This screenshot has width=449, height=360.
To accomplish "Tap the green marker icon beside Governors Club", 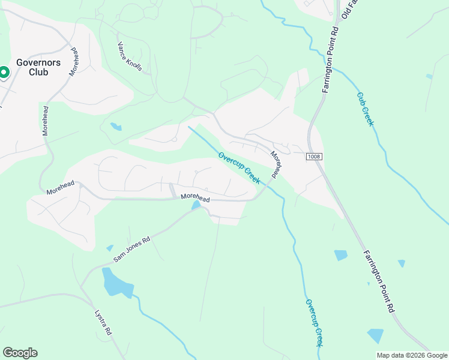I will (x=4, y=73).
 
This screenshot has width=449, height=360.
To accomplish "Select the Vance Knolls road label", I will (x=130, y=57).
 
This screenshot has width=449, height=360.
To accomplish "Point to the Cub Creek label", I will (x=365, y=109).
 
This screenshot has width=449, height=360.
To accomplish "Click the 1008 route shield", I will (x=314, y=157).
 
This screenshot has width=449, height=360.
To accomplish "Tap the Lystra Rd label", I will (x=103, y=322).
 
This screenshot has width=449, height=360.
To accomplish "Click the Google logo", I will (x=20, y=353).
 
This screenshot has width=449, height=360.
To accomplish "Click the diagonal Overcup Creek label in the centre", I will (x=239, y=168).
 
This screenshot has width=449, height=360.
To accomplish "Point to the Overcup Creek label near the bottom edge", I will (x=314, y=323).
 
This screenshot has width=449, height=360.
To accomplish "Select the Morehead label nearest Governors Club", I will (x=73, y=61).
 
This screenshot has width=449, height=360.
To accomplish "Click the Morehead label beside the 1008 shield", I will (x=276, y=164).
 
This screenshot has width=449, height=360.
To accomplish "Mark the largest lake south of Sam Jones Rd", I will (x=116, y=284).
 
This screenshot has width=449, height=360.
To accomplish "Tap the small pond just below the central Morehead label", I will (x=196, y=206).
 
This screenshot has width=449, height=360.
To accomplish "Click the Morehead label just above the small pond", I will (x=196, y=197).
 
